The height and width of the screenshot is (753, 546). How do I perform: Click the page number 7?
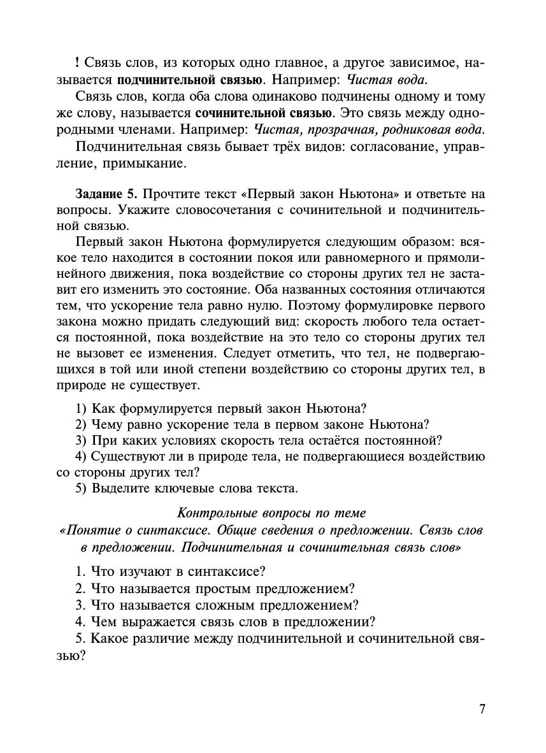[x=482, y=710]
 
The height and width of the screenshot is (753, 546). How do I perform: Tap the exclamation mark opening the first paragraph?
[x=77, y=64]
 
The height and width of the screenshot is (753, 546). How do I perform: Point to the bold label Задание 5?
[x=105, y=194]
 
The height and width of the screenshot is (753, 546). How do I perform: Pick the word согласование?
[x=382, y=147]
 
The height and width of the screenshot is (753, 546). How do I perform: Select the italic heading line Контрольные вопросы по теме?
[x=271, y=513]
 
